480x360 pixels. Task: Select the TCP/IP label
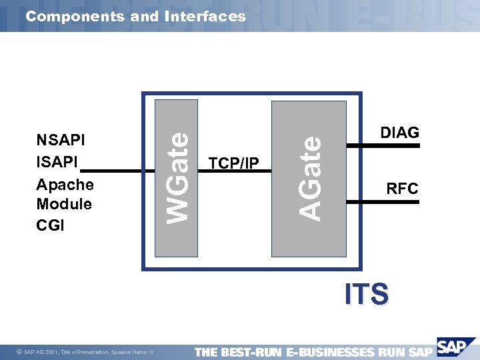pyautogui.click(x=234, y=163)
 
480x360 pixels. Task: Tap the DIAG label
pyautogui.click(x=399, y=133)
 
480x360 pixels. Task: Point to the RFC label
pyautogui.click(x=402, y=189)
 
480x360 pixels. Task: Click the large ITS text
pyautogui.click(x=367, y=294)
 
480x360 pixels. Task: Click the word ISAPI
pyautogui.click(x=57, y=161)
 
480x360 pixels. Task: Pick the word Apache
pyautogui.click(x=65, y=184)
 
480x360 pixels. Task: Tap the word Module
pyautogui.click(x=64, y=204)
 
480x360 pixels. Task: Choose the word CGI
pyautogui.click(x=51, y=225)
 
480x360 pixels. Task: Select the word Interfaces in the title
pyautogui.click(x=204, y=16)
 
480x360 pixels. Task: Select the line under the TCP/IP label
pyautogui.click(x=235, y=171)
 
